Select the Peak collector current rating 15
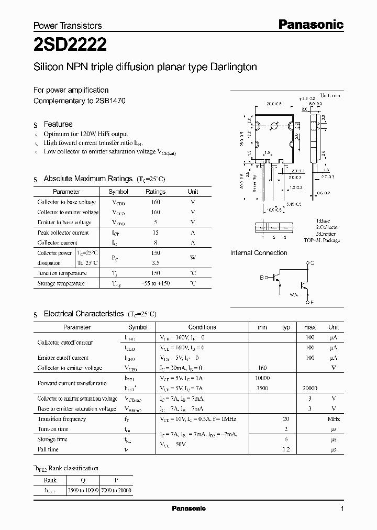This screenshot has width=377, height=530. [x=155, y=233]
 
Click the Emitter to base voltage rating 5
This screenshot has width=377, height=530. [x=155, y=222]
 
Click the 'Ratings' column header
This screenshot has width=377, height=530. [x=155, y=192]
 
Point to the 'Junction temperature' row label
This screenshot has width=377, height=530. [x=62, y=273]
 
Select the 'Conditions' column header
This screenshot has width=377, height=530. [x=202, y=327]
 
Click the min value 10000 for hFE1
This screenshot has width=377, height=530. [x=262, y=378]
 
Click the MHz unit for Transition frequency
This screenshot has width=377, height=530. [x=334, y=419]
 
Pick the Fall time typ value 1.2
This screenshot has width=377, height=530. [x=286, y=449]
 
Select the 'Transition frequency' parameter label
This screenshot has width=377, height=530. [x=61, y=419]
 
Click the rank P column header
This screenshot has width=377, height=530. [x=115, y=480]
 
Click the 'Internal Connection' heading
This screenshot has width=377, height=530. [x=259, y=253]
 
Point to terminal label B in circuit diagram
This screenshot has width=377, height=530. [x=261, y=278]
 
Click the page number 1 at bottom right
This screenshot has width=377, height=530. [x=342, y=509]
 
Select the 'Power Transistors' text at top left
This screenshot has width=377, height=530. [x=68, y=25]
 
